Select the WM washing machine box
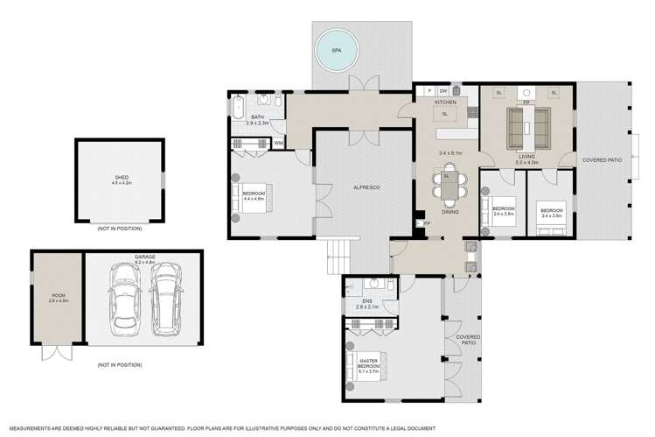pos(279,143)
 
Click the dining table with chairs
pos(447,187)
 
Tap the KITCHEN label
pos(446,102)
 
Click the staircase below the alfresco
pos(337,256)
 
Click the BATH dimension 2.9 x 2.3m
pos(258,124)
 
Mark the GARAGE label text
pos(144,257)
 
